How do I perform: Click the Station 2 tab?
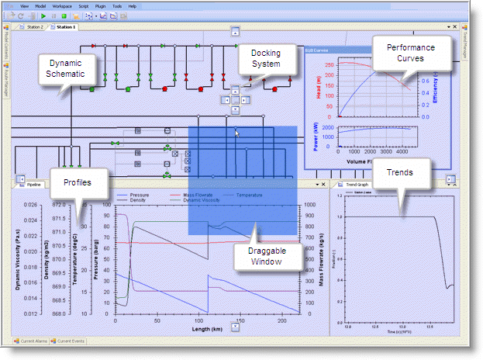[x=33, y=27]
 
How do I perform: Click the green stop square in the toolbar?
[x=64, y=16]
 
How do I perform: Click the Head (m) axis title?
[x=319, y=86]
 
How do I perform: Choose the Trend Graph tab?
[x=356, y=185]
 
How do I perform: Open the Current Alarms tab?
[x=33, y=341]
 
